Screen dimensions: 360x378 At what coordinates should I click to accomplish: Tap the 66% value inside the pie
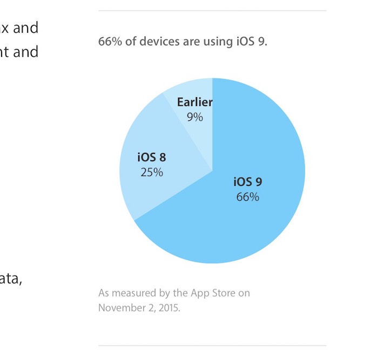(x=247, y=197)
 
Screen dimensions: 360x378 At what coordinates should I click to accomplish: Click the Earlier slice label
(x=194, y=103)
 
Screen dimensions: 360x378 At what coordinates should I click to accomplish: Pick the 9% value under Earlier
(x=195, y=116)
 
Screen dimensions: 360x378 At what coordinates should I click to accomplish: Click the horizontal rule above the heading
(x=212, y=11)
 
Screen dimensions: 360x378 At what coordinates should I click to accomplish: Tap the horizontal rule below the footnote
(x=212, y=345)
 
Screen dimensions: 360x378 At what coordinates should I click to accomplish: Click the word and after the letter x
(x=26, y=28)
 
